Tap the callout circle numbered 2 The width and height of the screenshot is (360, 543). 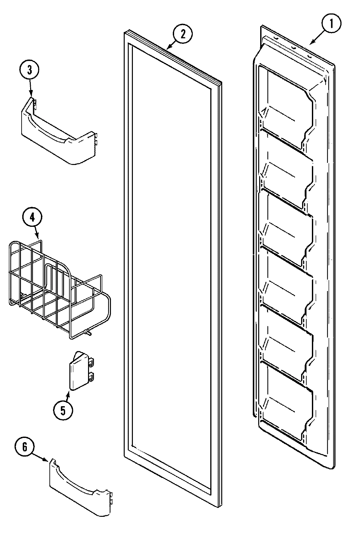182,34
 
